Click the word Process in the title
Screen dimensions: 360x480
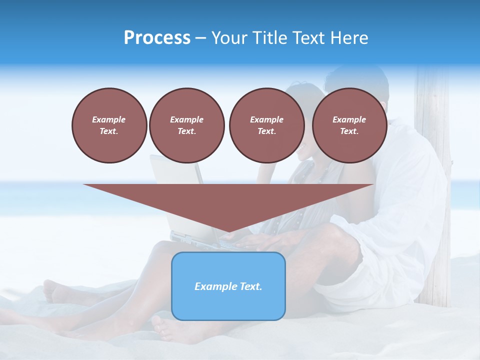[x=157, y=37]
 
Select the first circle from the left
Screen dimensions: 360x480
[x=109, y=125]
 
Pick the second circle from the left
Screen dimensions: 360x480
[x=187, y=125]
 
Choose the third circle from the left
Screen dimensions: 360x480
[x=266, y=125]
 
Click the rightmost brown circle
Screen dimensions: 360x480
[x=349, y=125]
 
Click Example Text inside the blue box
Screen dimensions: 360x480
[x=228, y=286]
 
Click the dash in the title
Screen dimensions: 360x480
[x=200, y=38]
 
